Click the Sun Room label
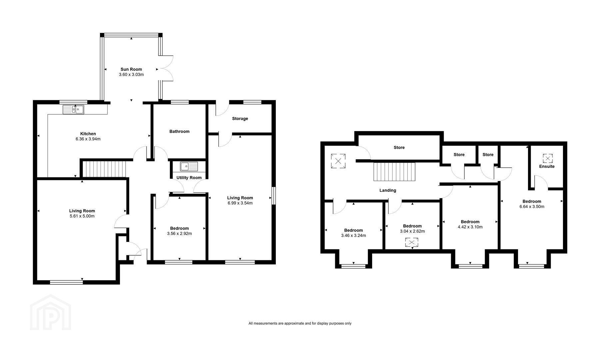131,69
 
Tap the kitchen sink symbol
73,109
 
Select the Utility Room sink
189,166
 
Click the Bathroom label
179,131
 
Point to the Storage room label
240,119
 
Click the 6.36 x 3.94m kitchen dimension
88,139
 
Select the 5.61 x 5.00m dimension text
82,216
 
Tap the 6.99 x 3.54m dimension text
240,203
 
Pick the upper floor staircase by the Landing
394,172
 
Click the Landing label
388,190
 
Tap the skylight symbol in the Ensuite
547,158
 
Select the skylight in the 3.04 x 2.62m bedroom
412,242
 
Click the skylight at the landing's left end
338,161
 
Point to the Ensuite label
547,166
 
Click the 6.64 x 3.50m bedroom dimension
532,207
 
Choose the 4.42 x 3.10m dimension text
470,227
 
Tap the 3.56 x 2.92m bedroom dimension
179,234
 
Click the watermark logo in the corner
50,312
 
